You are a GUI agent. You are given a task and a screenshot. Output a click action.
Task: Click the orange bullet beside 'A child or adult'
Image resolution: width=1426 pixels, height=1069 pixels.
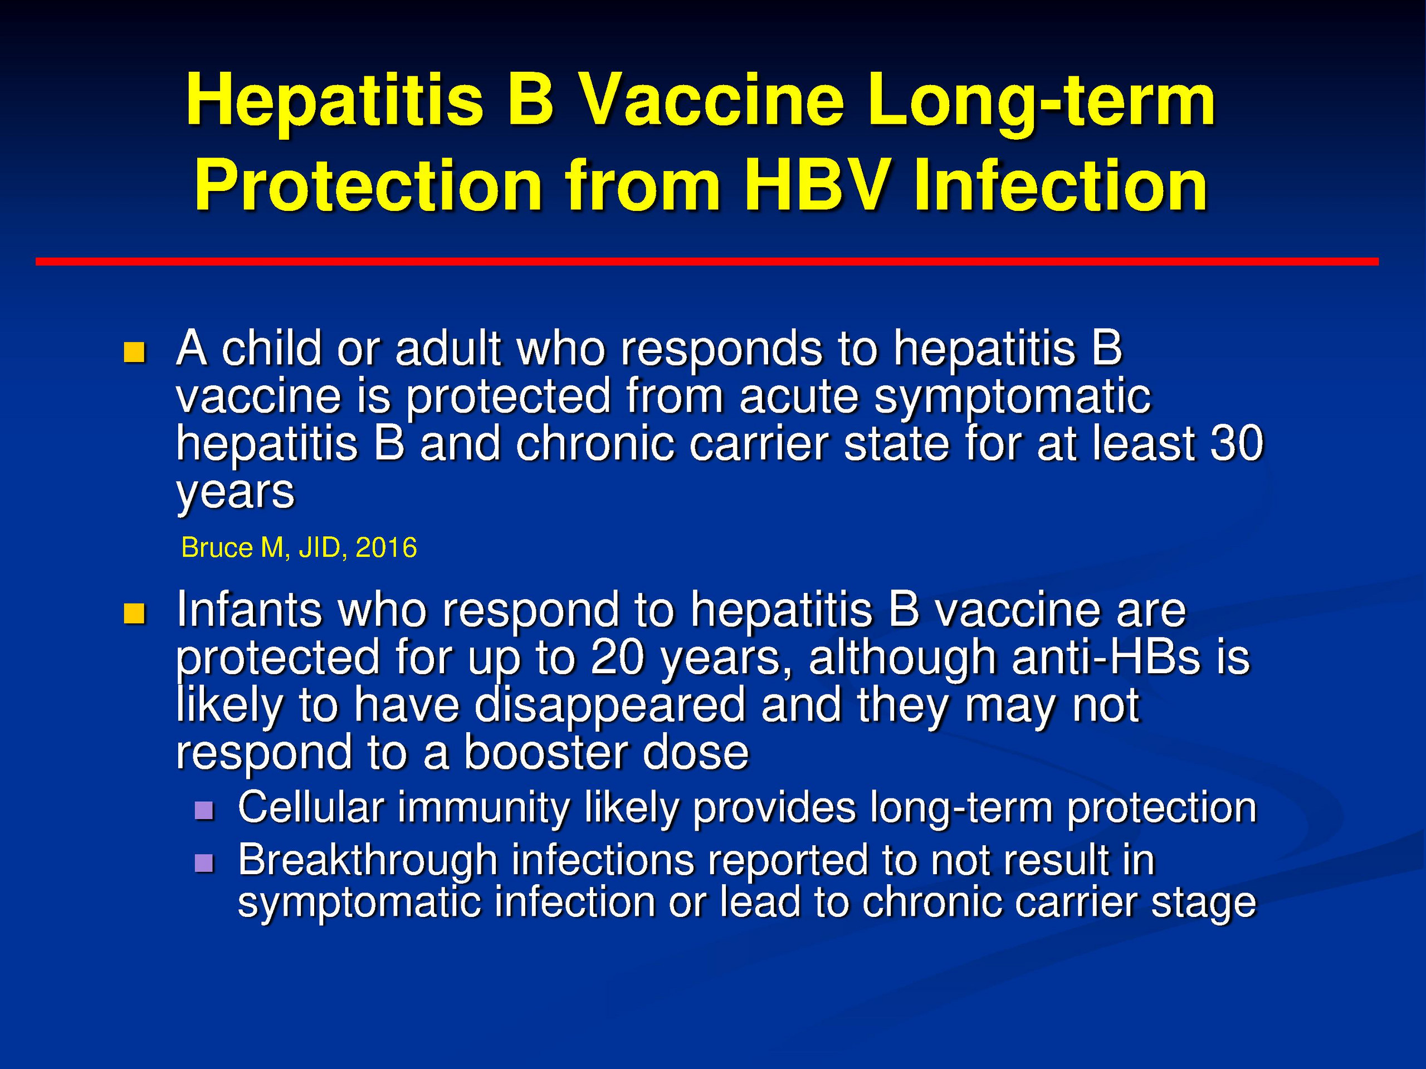[x=134, y=352]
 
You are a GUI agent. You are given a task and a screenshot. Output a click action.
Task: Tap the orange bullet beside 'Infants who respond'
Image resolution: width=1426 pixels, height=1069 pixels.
[x=134, y=614]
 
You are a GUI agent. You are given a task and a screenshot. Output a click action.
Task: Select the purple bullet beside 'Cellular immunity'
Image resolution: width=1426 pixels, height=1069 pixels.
[x=204, y=810]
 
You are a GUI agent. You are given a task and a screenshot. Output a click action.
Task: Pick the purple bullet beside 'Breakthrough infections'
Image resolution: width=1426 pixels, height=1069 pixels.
[x=204, y=863]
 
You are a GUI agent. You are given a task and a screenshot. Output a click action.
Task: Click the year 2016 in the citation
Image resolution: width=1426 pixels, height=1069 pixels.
[x=386, y=548]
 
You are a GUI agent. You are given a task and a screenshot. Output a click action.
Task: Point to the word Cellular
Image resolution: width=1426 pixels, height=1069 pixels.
[x=311, y=807]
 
